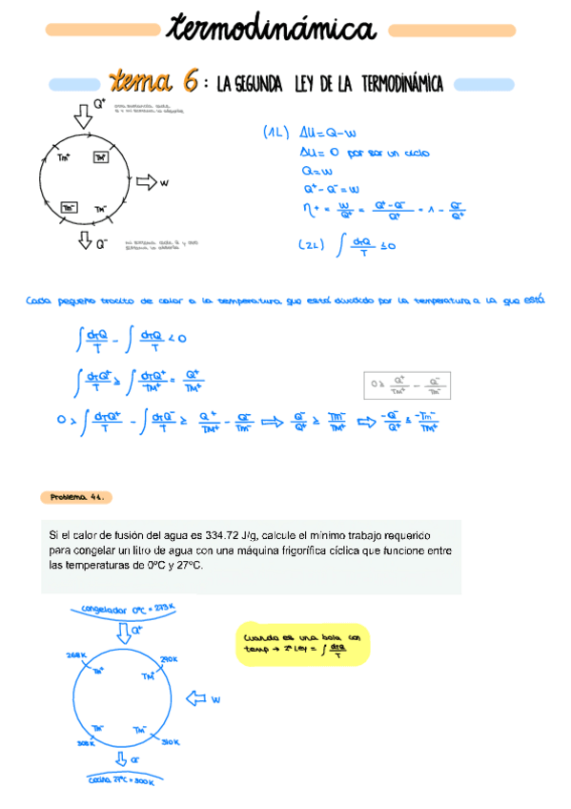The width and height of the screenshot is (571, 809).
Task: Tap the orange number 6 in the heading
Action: pyautogui.click(x=189, y=83)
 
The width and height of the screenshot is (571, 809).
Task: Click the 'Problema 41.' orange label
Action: pyautogui.click(x=77, y=497)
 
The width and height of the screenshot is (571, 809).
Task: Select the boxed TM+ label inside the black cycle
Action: pyautogui.click(x=101, y=156)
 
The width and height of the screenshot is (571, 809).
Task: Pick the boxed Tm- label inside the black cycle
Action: pyautogui.click(x=70, y=206)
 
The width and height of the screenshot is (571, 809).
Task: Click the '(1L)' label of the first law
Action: pyautogui.click(x=275, y=134)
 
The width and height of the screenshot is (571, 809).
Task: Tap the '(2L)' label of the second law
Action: pyautogui.click(x=314, y=244)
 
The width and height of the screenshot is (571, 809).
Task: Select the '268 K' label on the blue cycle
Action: pyautogui.click(x=76, y=655)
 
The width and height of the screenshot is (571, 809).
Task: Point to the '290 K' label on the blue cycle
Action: pyautogui.click(x=171, y=659)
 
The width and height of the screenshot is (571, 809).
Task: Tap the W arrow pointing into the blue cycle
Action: pyautogui.click(x=201, y=699)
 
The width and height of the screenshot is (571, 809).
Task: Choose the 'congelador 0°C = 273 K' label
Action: pyautogui.click(x=122, y=608)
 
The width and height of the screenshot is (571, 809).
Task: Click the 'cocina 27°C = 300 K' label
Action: pyautogui.click(x=122, y=781)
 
